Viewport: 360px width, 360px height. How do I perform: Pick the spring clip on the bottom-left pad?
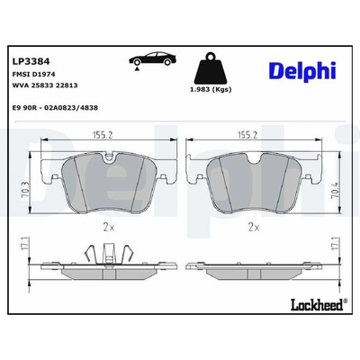pos(108,256)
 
